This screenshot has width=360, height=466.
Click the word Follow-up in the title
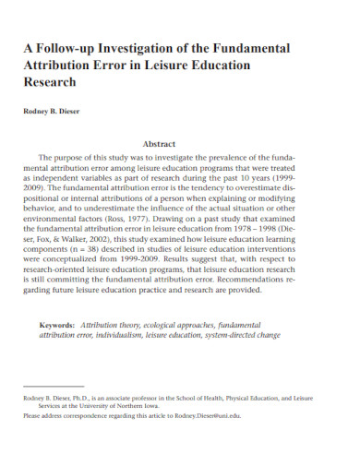coord(70,47)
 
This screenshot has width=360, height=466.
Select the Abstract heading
coord(179,144)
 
